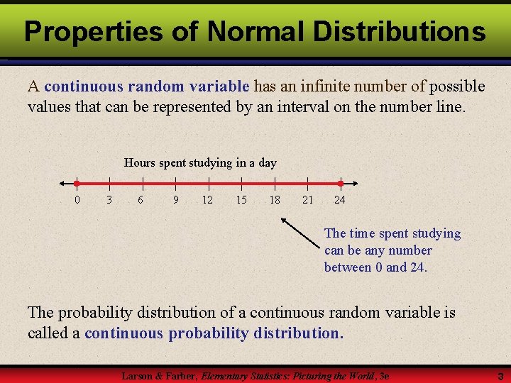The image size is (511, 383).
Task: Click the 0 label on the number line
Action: [x=77, y=200]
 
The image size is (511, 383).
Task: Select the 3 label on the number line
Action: [x=109, y=200]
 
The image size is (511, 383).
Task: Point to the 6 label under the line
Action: [x=141, y=200]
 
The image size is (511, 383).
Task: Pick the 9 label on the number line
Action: [x=175, y=200]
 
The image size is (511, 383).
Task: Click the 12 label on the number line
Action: [x=207, y=200]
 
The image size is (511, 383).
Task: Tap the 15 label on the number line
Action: [x=241, y=200]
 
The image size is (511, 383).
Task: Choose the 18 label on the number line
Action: [x=274, y=200]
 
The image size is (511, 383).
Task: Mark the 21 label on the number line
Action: [x=307, y=200]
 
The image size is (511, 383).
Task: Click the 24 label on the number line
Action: [x=340, y=200]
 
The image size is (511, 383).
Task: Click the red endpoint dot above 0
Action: [x=77, y=183]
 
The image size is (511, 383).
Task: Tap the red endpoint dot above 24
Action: [x=340, y=183]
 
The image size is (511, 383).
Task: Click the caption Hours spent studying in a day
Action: [x=200, y=162]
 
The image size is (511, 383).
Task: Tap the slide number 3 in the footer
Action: [x=500, y=375]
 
